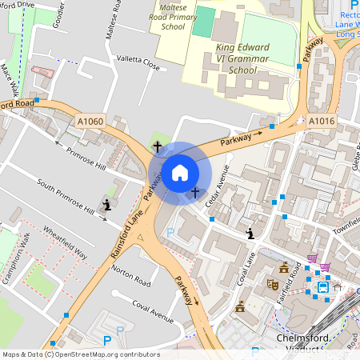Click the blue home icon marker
[x=180, y=172]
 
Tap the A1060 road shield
[x=90, y=121]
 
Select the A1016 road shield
[x=321, y=121]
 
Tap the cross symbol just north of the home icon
[x=158, y=147]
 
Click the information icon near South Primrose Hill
[x=106, y=206]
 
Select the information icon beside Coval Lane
[x=251, y=234]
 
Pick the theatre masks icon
[x=272, y=282]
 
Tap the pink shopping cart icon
[x=325, y=266]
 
